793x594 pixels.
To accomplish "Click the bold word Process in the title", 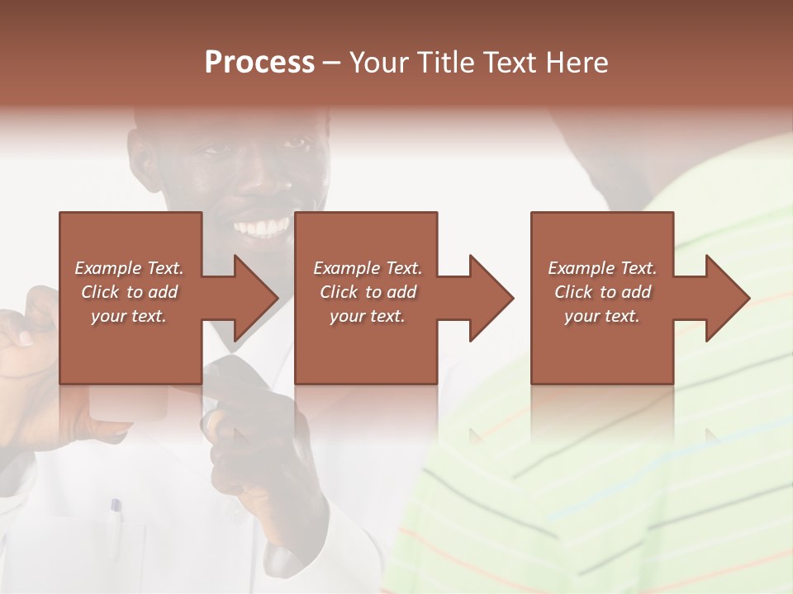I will [x=259, y=63].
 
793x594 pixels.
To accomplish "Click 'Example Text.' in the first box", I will [x=129, y=268].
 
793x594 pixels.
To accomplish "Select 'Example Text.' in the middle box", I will [x=368, y=268].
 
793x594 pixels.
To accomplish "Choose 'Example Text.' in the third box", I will [x=602, y=268].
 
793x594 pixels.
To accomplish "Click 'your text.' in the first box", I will [x=129, y=316].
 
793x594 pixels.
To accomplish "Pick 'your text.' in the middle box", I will [x=368, y=316].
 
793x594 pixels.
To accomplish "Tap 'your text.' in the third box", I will [x=602, y=316].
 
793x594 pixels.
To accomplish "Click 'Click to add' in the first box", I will [x=129, y=292].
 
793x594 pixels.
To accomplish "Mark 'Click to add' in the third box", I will [x=602, y=292].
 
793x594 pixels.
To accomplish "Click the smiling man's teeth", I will [x=263, y=227].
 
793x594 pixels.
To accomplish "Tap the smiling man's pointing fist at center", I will [x=252, y=437].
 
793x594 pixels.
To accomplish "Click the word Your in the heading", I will [x=378, y=63].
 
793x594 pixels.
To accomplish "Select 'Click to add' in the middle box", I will [x=368, y=292].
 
